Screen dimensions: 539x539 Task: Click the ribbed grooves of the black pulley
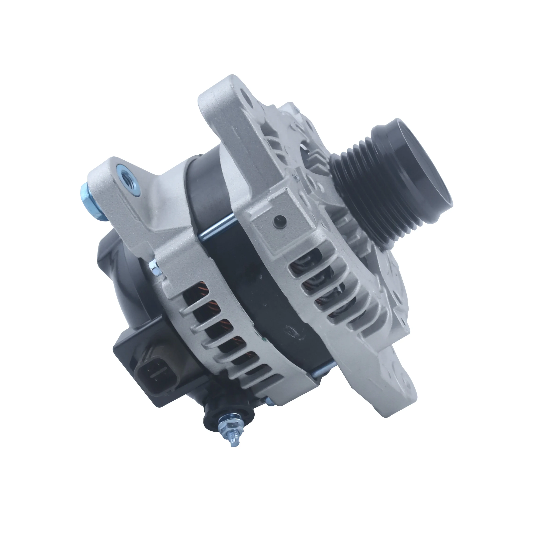point(360,193)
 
